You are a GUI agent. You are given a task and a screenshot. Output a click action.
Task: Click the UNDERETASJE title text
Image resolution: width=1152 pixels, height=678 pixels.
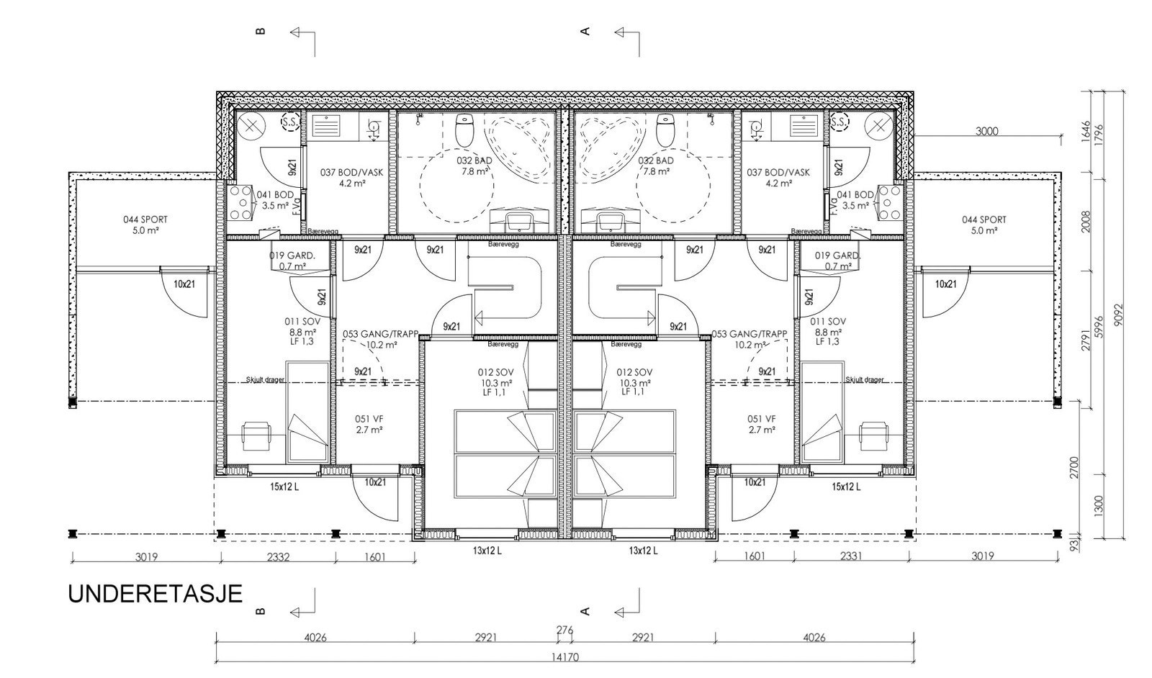click(x=155, y=595)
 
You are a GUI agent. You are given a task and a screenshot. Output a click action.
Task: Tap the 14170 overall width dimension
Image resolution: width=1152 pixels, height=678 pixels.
click(x=565, y=656)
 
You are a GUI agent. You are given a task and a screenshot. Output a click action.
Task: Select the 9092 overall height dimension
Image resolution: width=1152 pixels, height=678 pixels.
click(x=1117, y=314)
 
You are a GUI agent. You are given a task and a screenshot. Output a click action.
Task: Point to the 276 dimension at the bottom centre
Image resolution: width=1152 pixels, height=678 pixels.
click(x=565, y=630)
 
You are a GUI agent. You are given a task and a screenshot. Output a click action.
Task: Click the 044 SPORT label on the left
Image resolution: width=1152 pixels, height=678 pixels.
click(x=140, y=225)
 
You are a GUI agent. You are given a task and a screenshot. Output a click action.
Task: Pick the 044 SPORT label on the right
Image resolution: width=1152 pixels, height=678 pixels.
click(x=984, y=225)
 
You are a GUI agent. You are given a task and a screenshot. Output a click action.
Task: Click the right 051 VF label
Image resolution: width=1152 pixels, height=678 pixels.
click(x=761, y=424)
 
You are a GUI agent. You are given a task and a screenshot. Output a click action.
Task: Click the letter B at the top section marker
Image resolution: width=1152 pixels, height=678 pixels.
click(x=261, y=31)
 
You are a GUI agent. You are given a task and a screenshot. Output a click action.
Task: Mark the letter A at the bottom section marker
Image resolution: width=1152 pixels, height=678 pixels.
click(x=585, y=612)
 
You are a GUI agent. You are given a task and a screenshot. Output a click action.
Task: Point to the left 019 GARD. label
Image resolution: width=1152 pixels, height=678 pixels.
click(x=292, y=261)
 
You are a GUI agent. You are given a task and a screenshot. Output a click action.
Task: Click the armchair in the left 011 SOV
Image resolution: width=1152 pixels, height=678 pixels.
click(x=256, y=435)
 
